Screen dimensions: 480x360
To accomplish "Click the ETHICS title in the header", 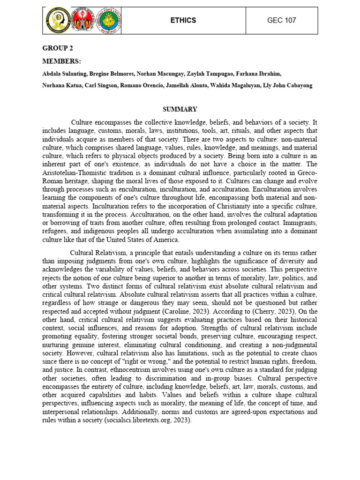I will [x=183, y=21].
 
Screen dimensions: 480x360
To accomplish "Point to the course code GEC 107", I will [x=281, y=21].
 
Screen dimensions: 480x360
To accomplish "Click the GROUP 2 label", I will [x=58, y=48].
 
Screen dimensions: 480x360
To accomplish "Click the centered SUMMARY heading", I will [x=180, y=109].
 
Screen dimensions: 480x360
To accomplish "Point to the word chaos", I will [x=307, y=353].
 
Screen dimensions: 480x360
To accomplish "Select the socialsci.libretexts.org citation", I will [x=147, y=420].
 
